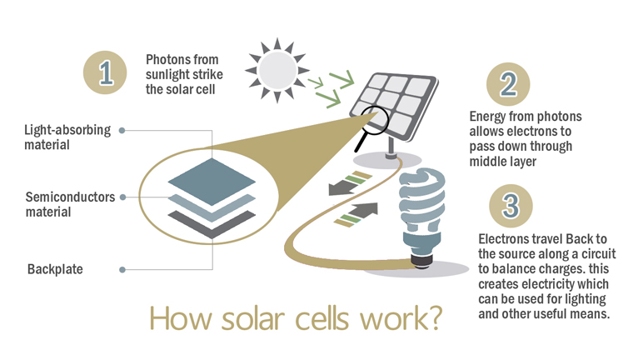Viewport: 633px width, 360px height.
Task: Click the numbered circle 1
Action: pos(105,72)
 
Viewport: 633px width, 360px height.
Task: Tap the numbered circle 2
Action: pos(508,84)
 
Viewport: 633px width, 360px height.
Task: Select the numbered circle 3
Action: pos(511,206)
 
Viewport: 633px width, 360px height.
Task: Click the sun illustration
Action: pos(277,70)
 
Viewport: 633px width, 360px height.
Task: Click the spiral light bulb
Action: pos(422,217)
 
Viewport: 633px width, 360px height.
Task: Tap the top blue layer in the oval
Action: pos(212,181)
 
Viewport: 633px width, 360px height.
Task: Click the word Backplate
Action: pos(55,269)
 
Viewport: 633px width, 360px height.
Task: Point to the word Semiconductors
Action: pos(70,197)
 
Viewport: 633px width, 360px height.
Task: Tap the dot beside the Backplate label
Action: pos(122,269)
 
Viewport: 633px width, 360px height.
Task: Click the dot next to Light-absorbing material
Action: pos(122,130)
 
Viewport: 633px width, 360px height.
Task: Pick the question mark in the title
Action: pos(434,318)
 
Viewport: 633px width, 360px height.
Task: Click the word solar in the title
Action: pos(253,318)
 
